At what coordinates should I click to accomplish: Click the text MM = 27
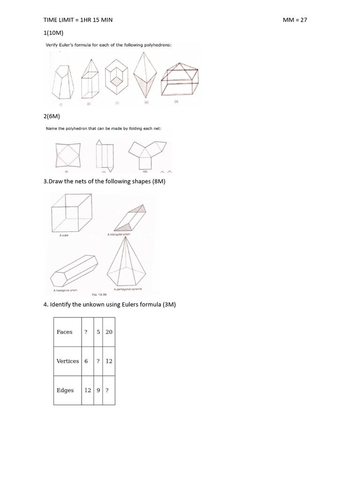[x=295, y=20]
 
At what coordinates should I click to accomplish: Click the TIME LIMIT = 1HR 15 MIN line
[x=78, y=20]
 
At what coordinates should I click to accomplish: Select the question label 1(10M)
[x=53, y=33]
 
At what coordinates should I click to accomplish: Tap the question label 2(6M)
[x=52, y=116]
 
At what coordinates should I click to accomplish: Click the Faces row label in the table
[x=65, y=332]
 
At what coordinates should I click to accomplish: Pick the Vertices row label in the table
[x=67, y=361]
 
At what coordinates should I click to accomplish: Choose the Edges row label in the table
[x=65, y=390]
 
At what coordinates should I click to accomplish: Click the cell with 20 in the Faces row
[x=109, y=332]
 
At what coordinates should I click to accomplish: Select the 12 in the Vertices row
[x=109, y=361]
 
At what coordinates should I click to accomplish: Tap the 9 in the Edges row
[x=98, y=390]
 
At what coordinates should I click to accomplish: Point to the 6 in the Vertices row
[x=86, y=361]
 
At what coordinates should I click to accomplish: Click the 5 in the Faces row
[x=98, y=332]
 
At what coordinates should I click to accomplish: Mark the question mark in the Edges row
[x=107, y=390]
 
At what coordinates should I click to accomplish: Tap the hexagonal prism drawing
[x=75, y=270]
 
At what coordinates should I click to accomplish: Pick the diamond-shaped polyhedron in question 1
[x=146, y=75]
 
